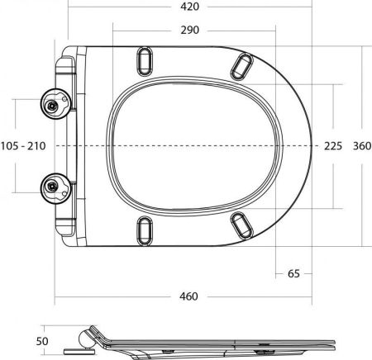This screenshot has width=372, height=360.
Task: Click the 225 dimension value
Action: (332, 145)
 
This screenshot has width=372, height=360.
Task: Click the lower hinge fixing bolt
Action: (55, 186)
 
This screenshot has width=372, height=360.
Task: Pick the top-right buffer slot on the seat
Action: (244, 63)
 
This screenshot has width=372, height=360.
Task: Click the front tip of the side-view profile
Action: (334, 341)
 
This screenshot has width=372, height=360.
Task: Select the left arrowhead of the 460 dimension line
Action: (59, 295)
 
